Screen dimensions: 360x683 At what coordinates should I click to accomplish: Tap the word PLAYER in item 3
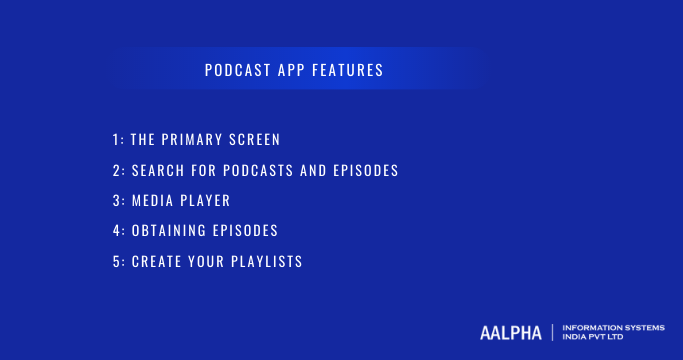pyautogui.click(x=207, y=201)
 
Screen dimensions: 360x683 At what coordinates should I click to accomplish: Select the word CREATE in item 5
pyautogui.click(x=158, y=262)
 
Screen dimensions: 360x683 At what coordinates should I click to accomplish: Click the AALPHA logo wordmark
pyautogui.click(x=509, y=332)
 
